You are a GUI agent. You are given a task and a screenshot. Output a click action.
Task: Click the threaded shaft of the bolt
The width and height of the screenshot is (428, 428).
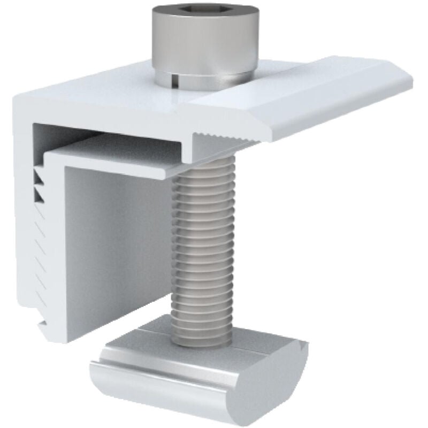point(202,241)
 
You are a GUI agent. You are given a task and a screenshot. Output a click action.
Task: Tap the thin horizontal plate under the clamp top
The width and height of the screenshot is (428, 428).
point(118,155)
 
